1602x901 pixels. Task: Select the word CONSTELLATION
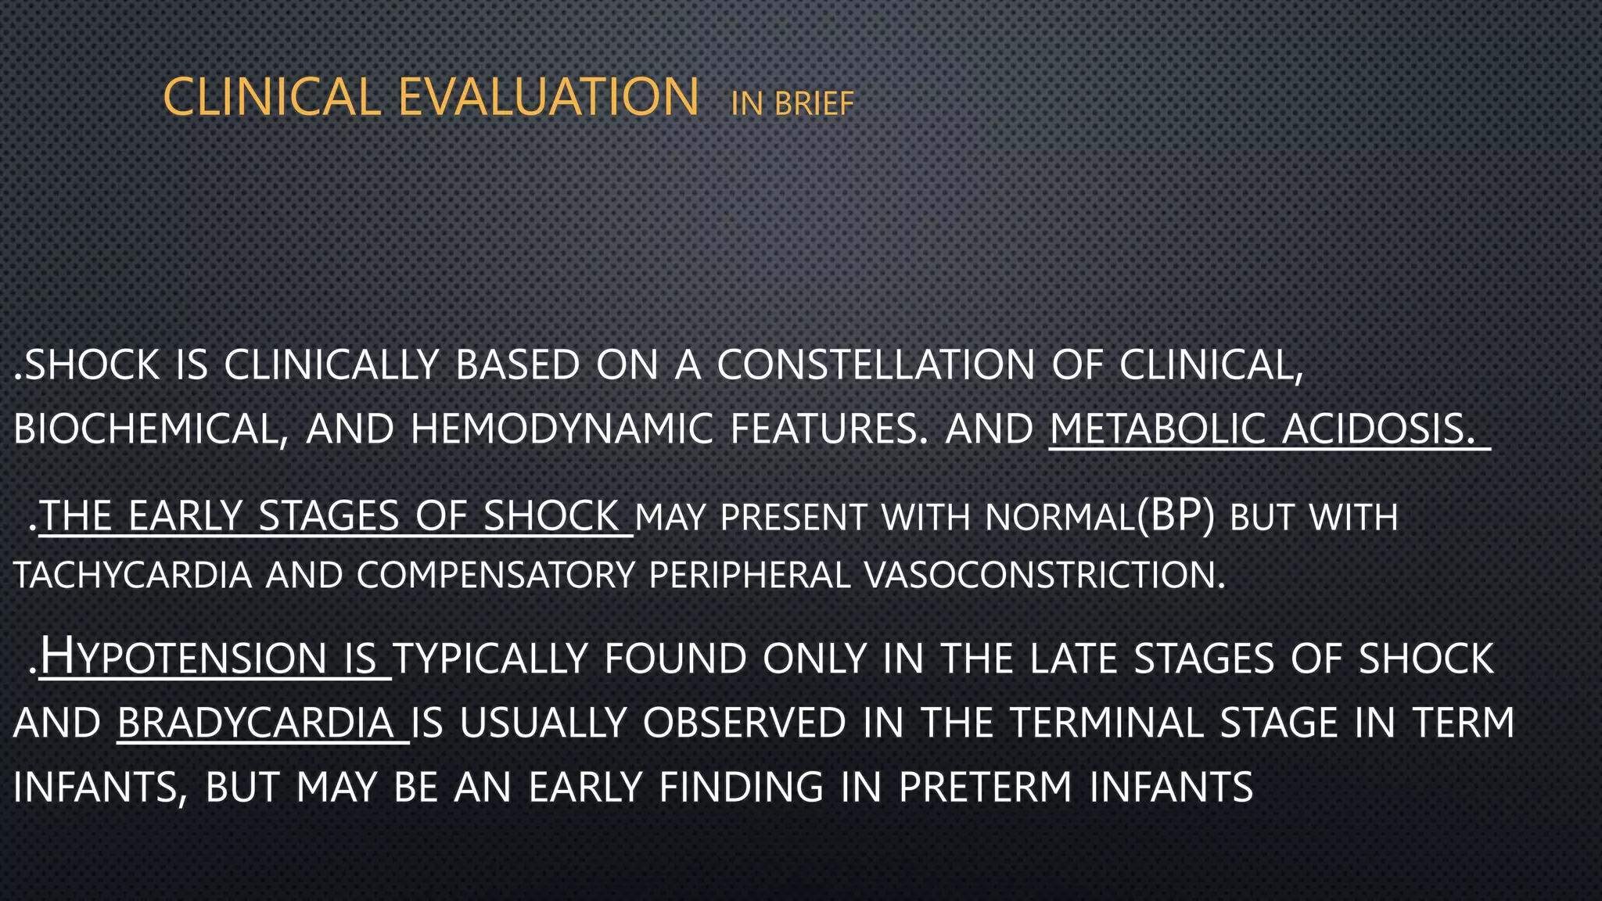(x=875, y=365)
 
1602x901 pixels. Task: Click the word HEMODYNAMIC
(x=561, y=429)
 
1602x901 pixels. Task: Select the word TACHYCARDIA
(x=133, y=576)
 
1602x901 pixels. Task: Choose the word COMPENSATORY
(x=494, y=576)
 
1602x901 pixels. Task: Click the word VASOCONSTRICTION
(x=1044, y=576)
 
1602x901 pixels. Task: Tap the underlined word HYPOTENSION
(x=182, y=658)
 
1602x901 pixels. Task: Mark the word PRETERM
(x=985, y=788)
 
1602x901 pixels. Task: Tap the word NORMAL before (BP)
(x=1059, y=517)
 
